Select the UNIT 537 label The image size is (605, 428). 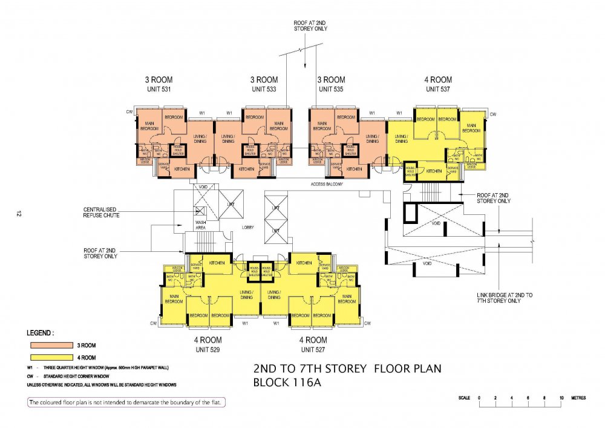pyautogui.click(x=439, y=89)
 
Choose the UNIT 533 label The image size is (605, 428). pyautogui.click(x=264, y=89)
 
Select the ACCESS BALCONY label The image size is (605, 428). pyautogui.click(x=326, y=183)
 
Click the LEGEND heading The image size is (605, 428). pyautogui.click(x=41, y=333)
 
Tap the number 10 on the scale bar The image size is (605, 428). pyautogui.click(x=561, y=397)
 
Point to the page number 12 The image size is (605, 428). pyautogui.click(x=19, y=214)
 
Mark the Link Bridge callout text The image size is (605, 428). pyautogui.click(x=504, y=297)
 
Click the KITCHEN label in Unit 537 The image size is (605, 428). pyautogui.click(x=434, y=171)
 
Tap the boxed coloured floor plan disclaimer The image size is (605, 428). pyautogui.click(x=126, y=402)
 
